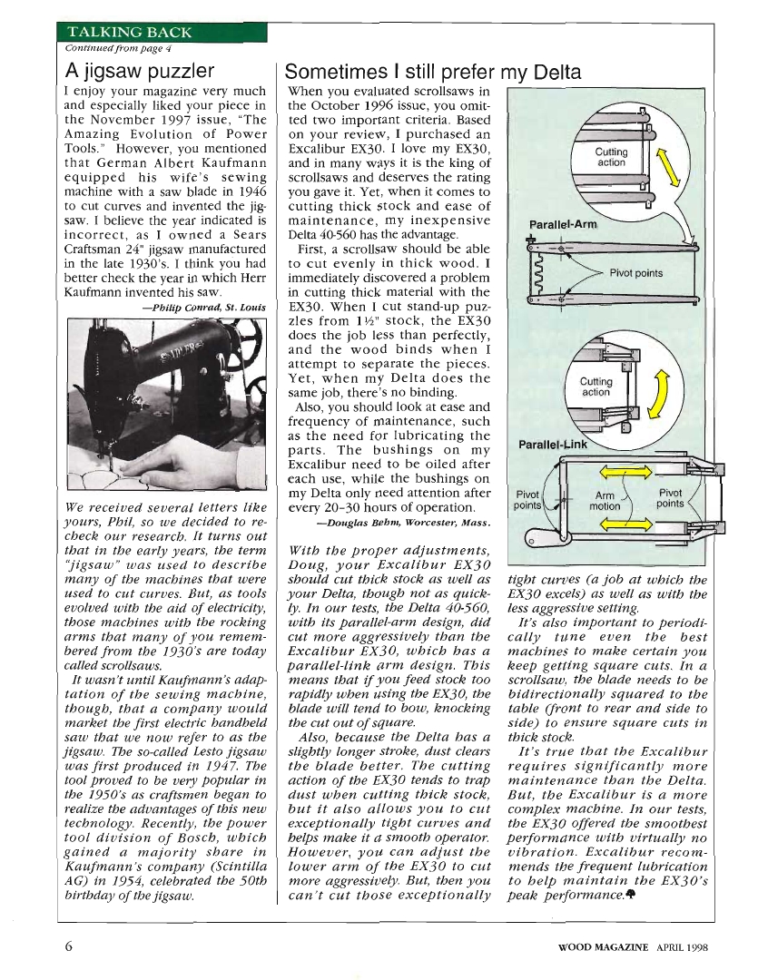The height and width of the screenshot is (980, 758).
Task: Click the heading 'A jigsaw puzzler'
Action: click(141, 71)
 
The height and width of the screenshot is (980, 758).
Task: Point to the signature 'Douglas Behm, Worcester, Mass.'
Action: click(405, 523)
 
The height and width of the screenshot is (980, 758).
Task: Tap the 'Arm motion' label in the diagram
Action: click(605, 501)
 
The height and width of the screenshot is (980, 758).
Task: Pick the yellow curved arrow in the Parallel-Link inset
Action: click(662, 390)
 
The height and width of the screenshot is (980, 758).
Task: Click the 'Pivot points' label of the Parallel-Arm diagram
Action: click(635, 273)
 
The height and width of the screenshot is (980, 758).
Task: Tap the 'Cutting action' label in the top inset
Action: click(611, 158)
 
